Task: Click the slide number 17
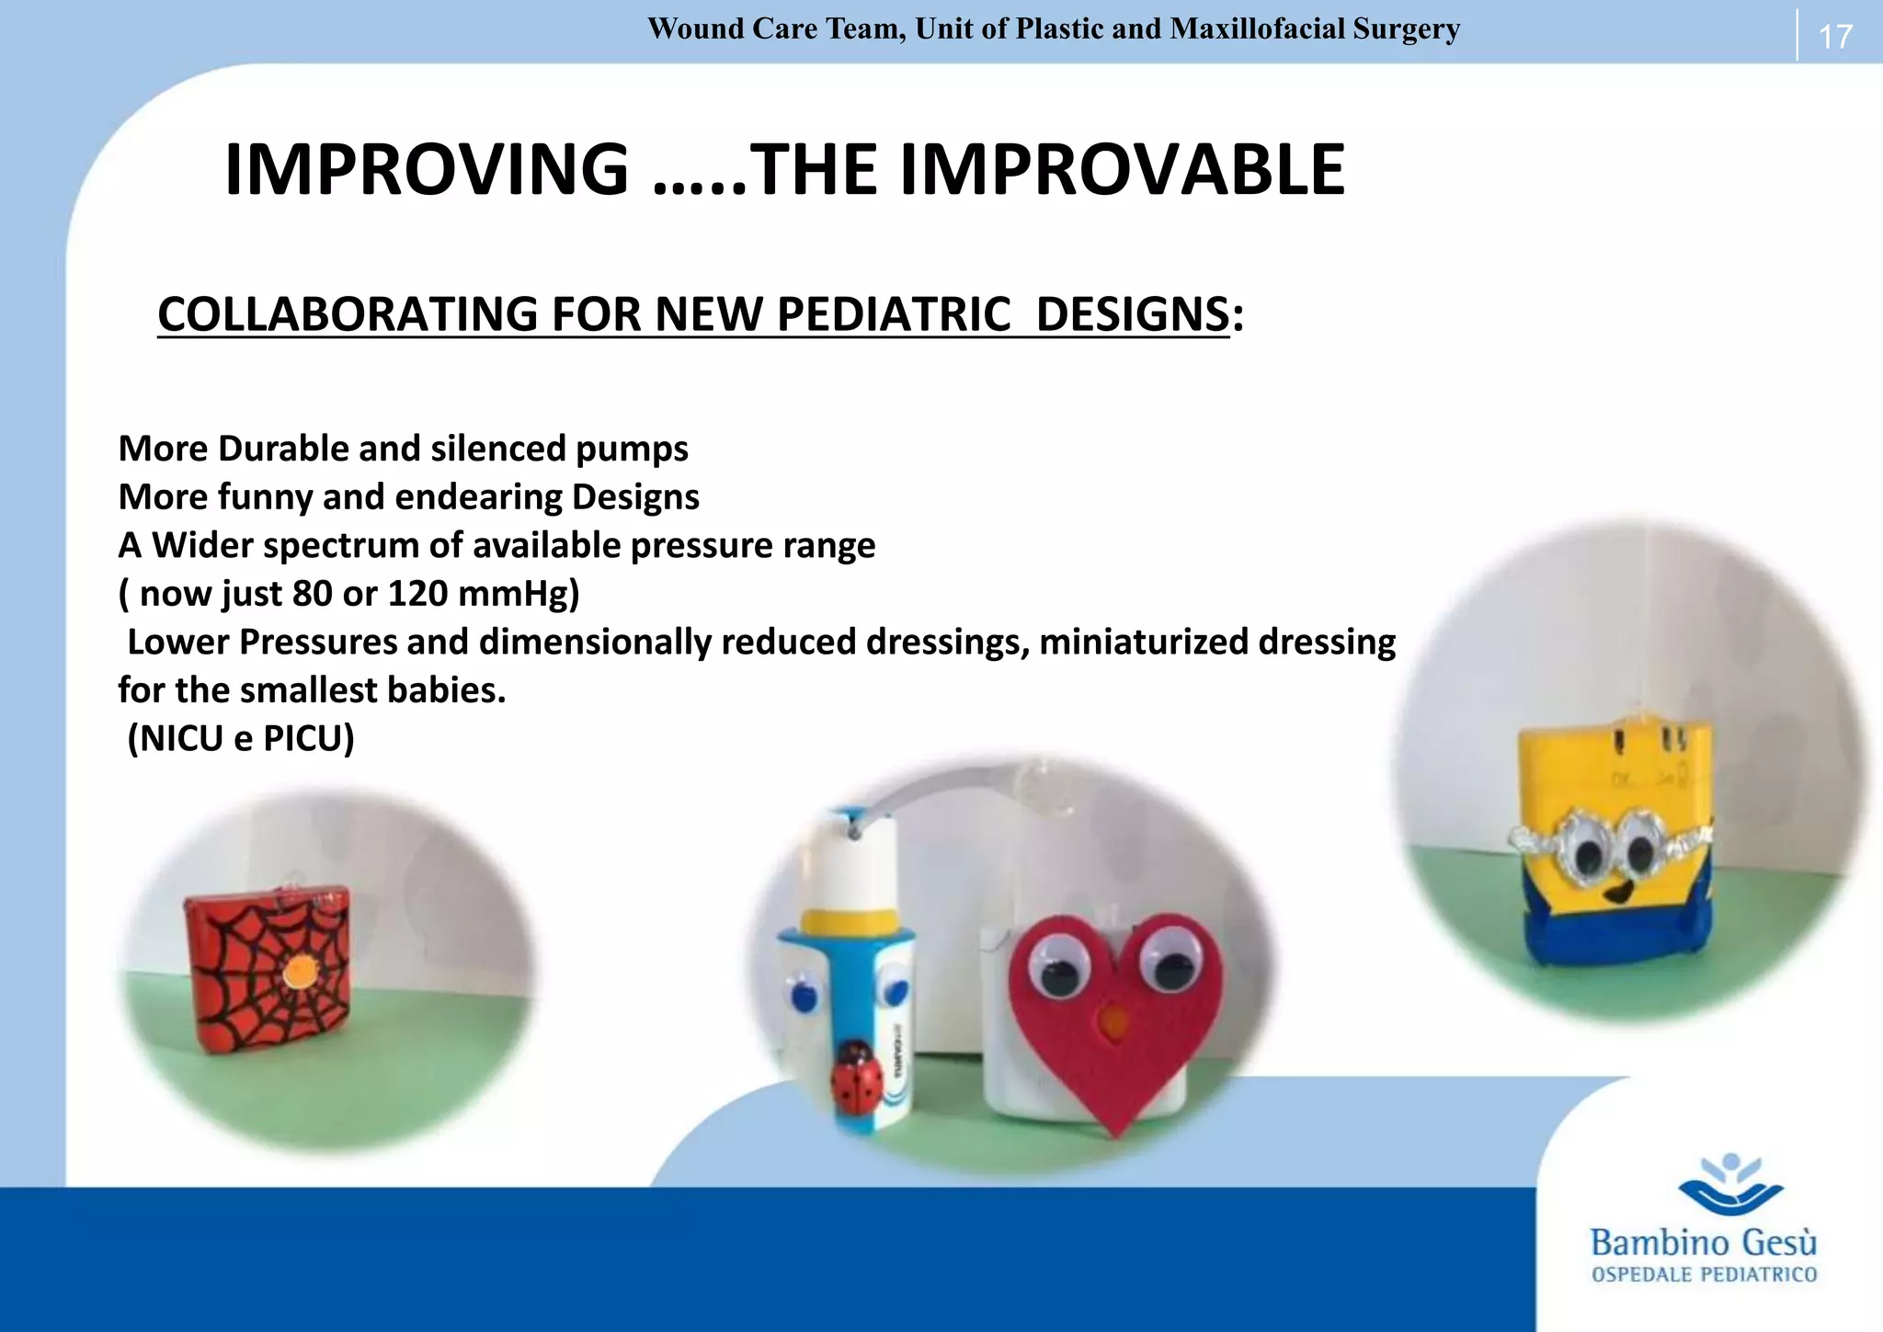tap(1834, 37)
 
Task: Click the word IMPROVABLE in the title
tap(1122, 170)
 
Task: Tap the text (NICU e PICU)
tap(241, 738)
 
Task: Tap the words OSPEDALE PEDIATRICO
tap(1704, 1275)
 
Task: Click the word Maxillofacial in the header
tap(1257, 29)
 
